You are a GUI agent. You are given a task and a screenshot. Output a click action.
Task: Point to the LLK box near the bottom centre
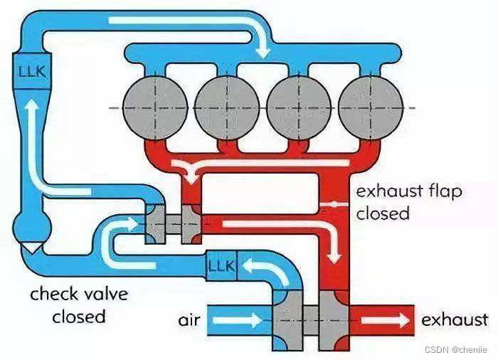pos(221,266)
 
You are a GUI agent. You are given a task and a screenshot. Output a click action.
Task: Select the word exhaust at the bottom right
pos(455,320)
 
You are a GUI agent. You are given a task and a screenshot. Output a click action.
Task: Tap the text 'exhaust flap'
pos(408,191)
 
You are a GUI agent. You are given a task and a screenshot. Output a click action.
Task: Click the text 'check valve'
pos(78,294)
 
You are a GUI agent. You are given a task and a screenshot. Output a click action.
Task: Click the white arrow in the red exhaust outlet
pos(385,320)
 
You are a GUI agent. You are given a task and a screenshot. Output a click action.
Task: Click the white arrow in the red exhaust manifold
pos(235,167)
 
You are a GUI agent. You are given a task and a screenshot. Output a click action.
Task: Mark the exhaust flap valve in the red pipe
pos(331,205)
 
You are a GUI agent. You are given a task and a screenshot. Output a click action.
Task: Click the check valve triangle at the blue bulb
pos(29,245)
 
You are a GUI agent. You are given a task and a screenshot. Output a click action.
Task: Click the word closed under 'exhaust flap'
pos(383,213)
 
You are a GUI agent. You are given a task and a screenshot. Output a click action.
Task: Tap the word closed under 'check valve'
pos(78,316)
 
